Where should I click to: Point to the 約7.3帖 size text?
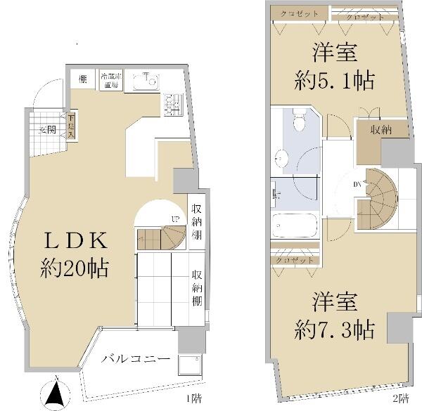[333, 327]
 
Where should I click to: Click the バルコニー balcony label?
[136, 358]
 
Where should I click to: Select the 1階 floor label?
[191, 398]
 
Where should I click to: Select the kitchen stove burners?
[170, 105]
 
